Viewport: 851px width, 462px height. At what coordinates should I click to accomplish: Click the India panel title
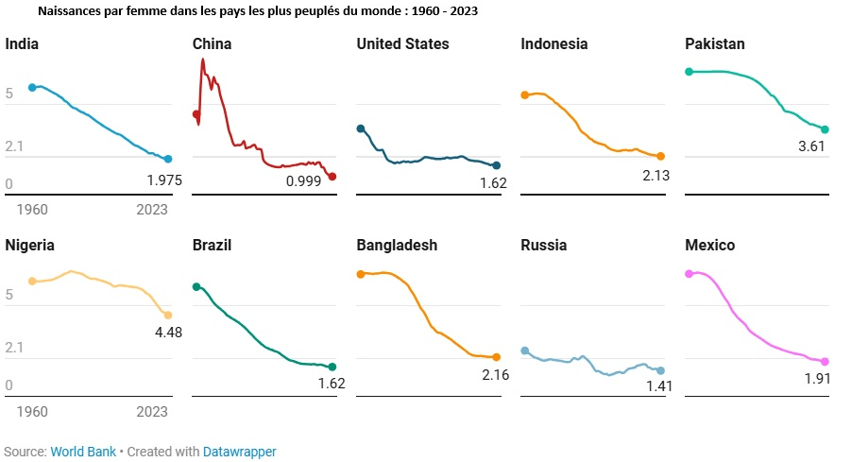pos(22,44)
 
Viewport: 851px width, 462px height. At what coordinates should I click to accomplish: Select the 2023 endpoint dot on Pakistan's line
pos(825,129)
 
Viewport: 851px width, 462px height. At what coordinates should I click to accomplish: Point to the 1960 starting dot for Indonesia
pos(525,95)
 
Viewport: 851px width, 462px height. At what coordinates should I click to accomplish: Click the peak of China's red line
pos(202,60)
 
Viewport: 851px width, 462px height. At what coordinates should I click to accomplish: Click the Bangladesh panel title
pos(397,246)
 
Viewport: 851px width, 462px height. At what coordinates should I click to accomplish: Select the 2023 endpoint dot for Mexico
pos(825,362)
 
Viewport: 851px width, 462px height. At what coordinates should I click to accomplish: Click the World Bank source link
pos(83,452)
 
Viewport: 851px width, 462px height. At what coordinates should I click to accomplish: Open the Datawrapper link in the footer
pos(240,452)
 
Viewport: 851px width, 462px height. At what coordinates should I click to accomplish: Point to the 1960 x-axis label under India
pos(32,209)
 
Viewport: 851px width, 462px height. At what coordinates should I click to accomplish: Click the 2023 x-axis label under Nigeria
pos(152,411)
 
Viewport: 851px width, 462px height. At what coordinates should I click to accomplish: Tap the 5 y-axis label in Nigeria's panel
pos(9,296)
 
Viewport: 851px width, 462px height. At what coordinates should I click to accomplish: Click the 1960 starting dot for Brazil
pos(196,286)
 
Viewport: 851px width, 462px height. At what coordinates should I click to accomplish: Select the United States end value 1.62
pos(492,183)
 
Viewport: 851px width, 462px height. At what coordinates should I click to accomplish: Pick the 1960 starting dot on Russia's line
pos(525,351)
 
